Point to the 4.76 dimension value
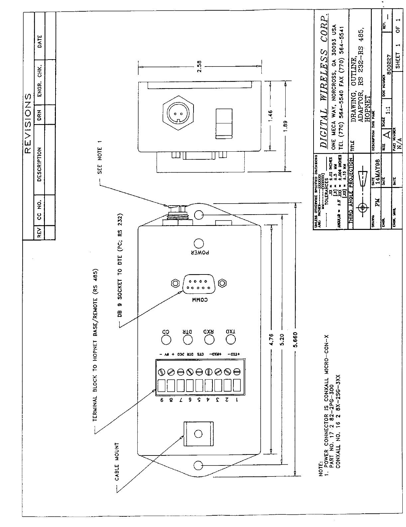[x=272, y=340]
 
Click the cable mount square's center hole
[x=198, y=434]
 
